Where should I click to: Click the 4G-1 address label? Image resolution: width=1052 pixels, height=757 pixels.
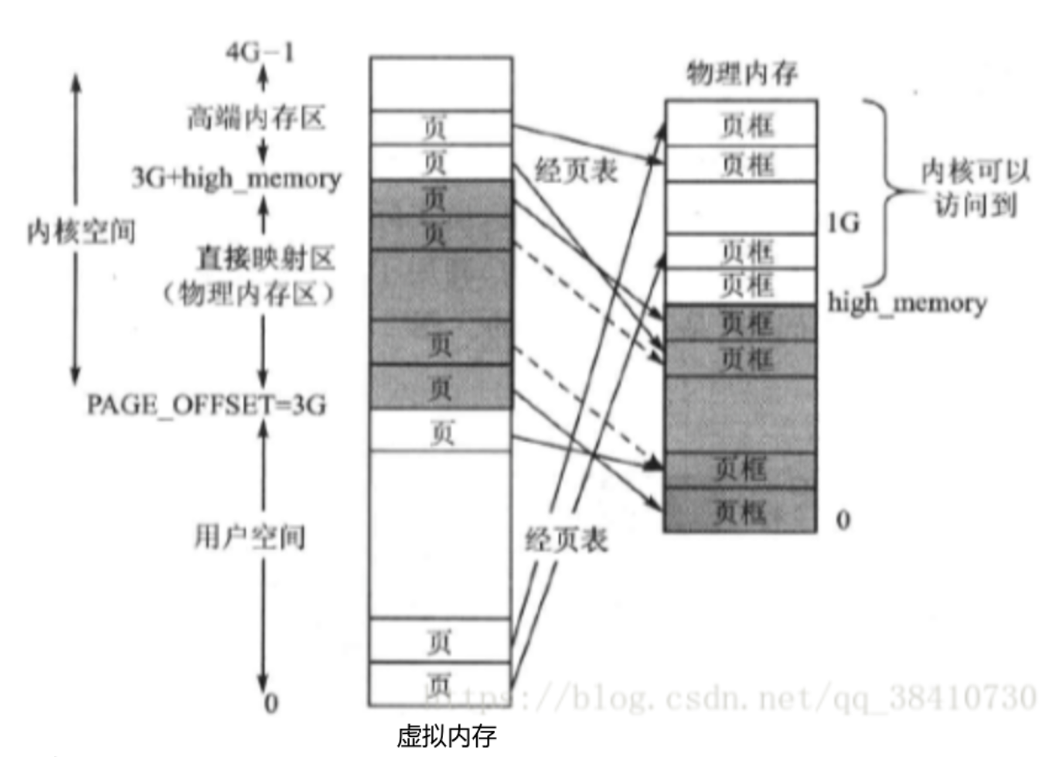tap(260, 52)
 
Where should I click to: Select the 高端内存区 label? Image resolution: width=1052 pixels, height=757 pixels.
tap(256, 118)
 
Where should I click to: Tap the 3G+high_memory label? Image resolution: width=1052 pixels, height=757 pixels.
tap(236, 178)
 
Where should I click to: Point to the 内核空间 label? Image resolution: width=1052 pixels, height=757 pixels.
tap(80, 230)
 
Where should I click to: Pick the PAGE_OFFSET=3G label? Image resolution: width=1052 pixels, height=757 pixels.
tap(206, 404)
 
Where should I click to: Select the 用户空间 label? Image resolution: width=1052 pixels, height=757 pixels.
tap(249, 537)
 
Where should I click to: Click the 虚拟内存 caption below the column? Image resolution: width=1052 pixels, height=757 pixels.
tap(446, 735)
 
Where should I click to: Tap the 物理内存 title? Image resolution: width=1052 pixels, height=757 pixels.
tap(741, 73)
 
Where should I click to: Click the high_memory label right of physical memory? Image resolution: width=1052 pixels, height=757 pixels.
tap(907, 302)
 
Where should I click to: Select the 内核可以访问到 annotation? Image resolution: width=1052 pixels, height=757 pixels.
tap(975, 188)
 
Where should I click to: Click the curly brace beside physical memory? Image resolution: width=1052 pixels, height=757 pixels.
tap(885, 192)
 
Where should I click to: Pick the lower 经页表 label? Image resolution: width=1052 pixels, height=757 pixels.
tap(566, 539)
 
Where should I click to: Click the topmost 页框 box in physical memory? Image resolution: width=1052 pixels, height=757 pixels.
tap(741, 124)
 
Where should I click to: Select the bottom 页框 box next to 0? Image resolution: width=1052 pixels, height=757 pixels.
tap(740, 511)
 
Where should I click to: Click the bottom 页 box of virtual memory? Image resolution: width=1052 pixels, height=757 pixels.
tap(439, 684)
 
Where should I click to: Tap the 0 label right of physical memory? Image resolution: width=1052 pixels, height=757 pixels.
tap(843, 520)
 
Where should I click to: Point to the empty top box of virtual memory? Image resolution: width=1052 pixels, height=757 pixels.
tap(441, 83)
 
